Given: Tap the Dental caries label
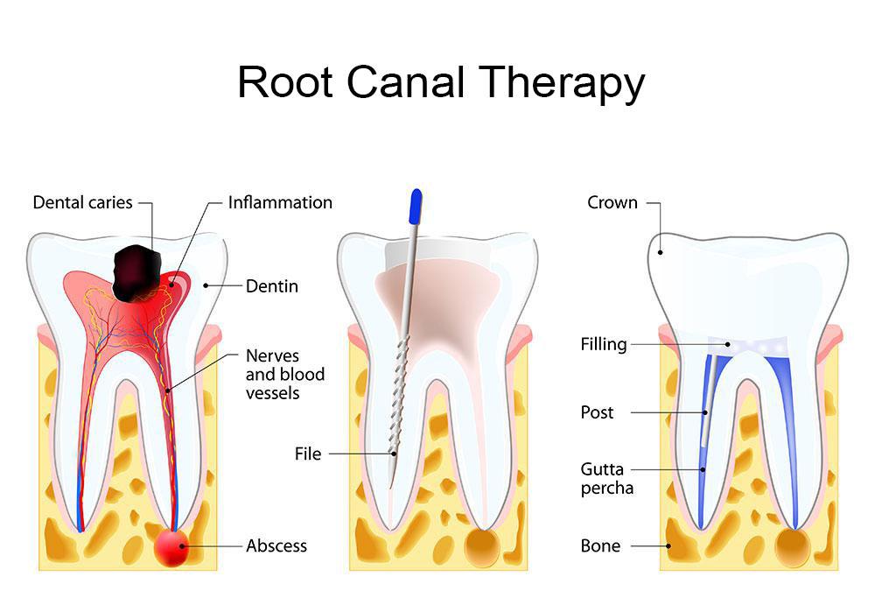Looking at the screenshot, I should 82,202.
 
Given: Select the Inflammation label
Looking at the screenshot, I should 280,202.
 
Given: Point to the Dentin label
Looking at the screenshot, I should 272,285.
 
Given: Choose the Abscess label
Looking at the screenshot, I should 276,545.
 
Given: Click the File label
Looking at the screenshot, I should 308,454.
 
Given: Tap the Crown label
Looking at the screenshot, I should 612,202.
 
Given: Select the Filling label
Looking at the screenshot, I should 604,344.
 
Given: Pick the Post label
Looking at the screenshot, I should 598,412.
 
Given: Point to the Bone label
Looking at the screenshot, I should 600,545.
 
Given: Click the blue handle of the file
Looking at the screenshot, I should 416,207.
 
